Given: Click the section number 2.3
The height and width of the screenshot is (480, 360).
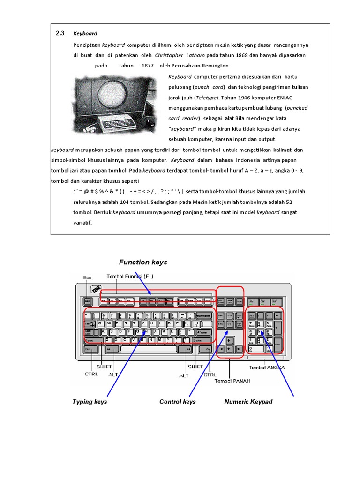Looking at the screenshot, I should tap(60, 33).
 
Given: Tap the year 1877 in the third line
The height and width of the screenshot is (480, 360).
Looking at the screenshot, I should tap(147, 66).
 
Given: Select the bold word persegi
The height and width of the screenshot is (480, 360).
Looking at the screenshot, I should tap(172, 212).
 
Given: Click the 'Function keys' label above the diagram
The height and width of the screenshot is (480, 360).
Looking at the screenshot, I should tap(142, 262).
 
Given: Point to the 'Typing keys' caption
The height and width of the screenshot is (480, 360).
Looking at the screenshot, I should tap(90, 402).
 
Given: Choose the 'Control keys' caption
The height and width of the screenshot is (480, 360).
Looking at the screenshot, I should tap(177, 402).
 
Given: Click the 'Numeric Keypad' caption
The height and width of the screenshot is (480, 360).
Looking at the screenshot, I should tap(248, 402).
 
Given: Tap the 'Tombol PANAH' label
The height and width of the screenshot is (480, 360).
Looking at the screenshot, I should tap(232, 381).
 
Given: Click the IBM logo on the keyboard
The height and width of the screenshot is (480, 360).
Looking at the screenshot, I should tap(97, 290).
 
